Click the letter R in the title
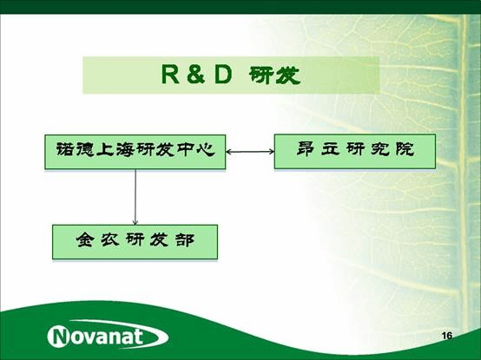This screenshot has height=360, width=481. click(168, 76)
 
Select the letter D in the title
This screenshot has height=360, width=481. click(222, 76)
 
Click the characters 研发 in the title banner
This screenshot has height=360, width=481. click(275, 76)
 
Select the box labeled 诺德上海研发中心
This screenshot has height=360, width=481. click(135, 152)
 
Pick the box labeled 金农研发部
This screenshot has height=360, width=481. click(135, 242)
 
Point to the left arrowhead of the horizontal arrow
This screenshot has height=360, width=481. click(229, 153)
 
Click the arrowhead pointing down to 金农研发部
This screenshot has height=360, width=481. click(135, 221)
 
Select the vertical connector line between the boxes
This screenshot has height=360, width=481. click(135, 195)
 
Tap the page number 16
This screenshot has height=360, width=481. click(447, 336)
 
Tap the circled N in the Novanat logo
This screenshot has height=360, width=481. click(60, 336)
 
